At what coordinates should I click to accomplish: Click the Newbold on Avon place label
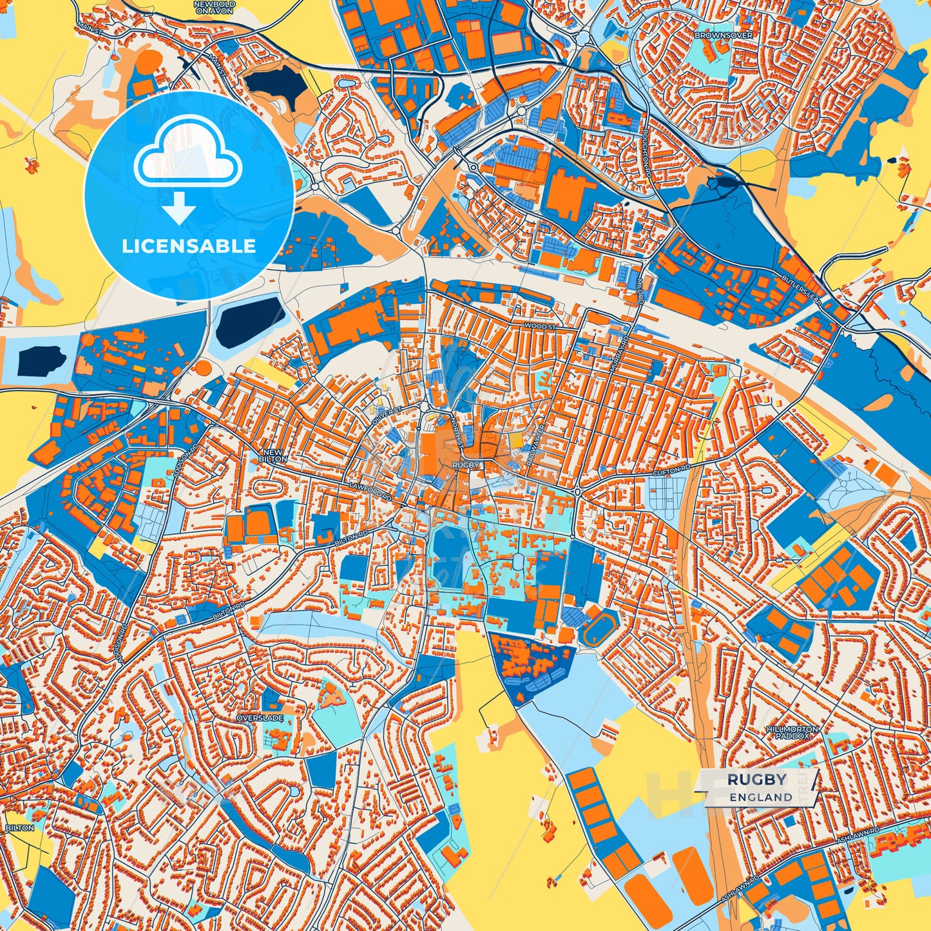215,6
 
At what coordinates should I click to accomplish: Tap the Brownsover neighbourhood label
723,35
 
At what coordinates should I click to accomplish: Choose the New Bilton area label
274,456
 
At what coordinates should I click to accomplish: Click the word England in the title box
761,797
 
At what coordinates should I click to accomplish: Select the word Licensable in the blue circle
189,245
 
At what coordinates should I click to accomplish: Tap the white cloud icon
187,155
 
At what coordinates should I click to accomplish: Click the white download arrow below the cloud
179,209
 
